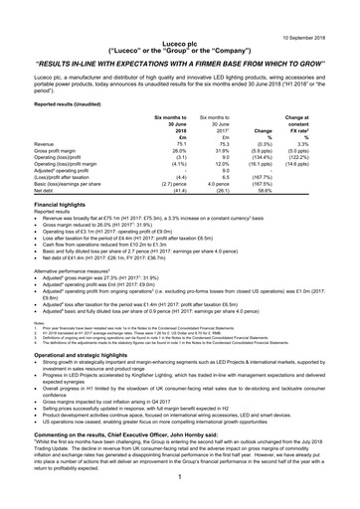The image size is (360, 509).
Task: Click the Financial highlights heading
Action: (60, 203)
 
